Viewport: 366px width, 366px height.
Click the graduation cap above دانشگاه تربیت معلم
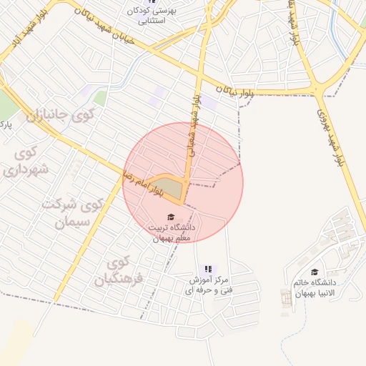pos(171,217)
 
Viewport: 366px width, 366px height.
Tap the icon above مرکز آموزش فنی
pos(208,269)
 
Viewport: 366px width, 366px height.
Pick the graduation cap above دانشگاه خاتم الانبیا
pos(315,272)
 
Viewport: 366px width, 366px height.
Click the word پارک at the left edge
pos(6,125)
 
